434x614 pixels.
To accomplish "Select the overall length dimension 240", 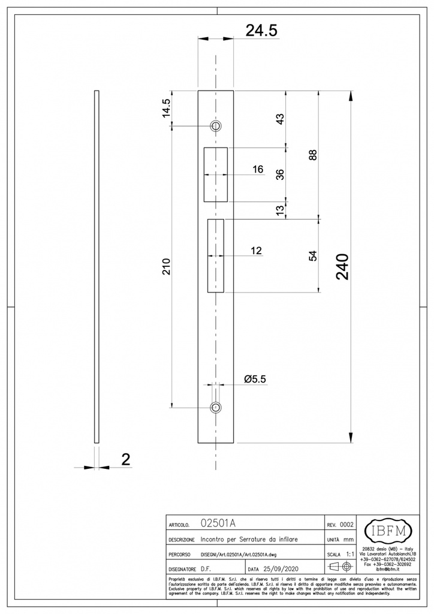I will click(x=342, y=267).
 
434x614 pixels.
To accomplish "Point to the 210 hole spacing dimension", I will click(x=166, y=267).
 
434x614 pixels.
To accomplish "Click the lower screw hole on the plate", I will click(x=215, y=408).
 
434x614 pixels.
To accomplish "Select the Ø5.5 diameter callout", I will click(x=255, y=379).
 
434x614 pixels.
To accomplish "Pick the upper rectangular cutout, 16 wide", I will click(x=215, y=174).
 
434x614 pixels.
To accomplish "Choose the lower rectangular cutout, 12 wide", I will click(x=215, y=255).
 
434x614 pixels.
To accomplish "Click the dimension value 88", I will click(x=312, y=155).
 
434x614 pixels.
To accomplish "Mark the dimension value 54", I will click(x=312, y=255).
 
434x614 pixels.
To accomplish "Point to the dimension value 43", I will click(x=279, y=118).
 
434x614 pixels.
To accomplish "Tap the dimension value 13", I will click(x=279, y=209).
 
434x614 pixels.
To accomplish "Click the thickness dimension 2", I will click(x=126, y=460).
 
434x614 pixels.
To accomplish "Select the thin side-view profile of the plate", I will click(x=96, y=267).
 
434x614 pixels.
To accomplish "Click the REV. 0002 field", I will click(x=340, y=524).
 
